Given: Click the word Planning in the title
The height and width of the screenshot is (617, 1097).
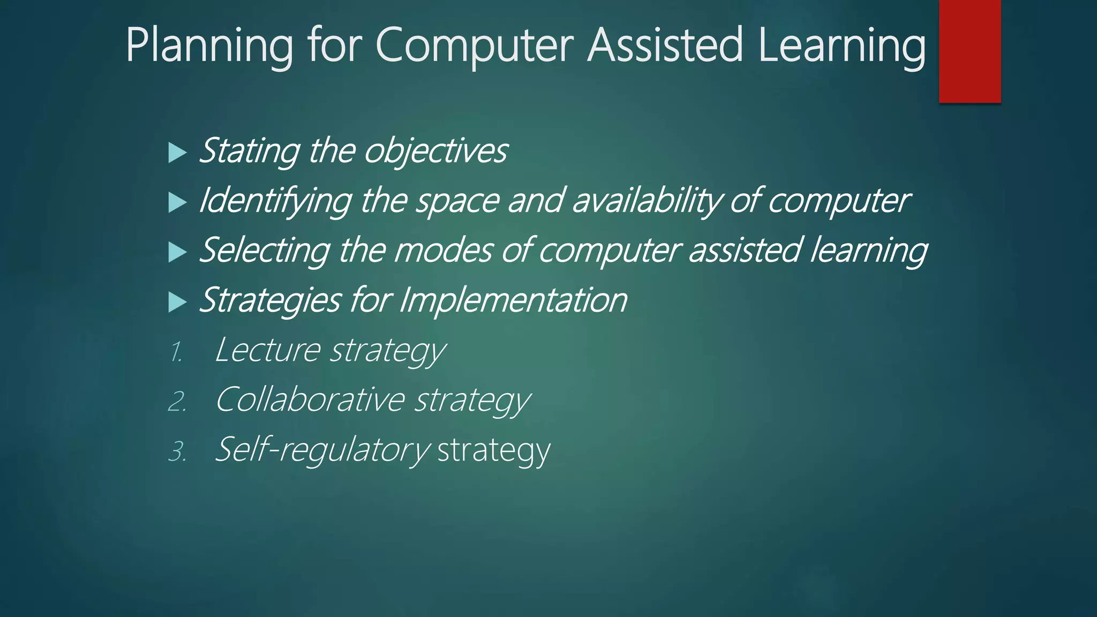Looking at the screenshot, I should click(x=209, y=46).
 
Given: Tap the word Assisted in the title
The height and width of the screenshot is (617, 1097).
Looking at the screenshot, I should click(x=665, y=45).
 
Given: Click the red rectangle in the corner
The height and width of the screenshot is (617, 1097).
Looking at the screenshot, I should click(x=970, y=51).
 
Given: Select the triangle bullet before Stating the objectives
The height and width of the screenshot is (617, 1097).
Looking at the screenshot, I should click(x=177, y=153).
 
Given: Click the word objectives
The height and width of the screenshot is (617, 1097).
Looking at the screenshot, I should click(x=435, y=151).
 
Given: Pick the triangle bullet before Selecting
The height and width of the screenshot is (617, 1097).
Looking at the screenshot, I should click(x=177, y=252).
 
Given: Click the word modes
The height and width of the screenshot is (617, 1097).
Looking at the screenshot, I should click(x=442, y=251).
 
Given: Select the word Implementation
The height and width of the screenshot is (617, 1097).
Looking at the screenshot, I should click(x=513, y=300).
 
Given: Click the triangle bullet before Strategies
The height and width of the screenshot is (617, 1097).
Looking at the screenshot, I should click(x=177, y=302).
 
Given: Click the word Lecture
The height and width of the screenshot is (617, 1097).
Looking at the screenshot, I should click(x=267, y=350).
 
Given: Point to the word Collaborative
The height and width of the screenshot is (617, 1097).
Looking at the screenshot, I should click(x=310, y=400).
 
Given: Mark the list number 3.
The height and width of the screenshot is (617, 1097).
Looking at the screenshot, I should click(x=177, y=452).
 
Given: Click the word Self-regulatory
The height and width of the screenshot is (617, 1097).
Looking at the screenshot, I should click(x=322, y=450).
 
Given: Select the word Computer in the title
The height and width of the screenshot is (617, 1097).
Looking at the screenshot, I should click(x=475, y=46).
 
